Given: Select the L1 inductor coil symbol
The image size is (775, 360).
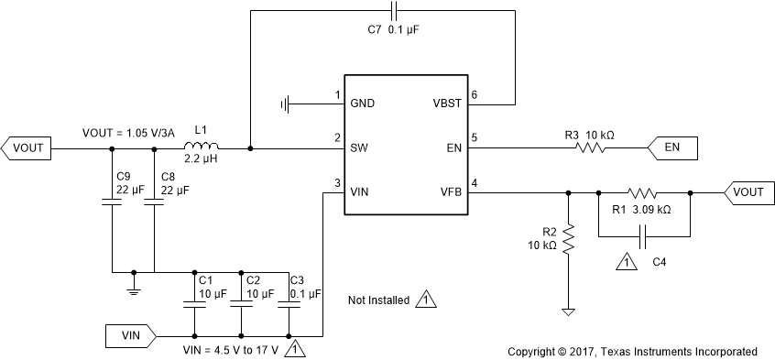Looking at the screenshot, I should click(201, 146).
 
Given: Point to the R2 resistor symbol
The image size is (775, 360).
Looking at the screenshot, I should click(568, 240).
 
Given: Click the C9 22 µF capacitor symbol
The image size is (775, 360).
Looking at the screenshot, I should click(112, 204).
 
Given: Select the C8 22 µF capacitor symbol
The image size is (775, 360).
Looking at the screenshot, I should click(154, 204).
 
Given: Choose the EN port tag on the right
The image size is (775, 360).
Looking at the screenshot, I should click(673, 147).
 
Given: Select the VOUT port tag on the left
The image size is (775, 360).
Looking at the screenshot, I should click(28, 146).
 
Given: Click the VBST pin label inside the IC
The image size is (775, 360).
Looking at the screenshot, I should click(448, 103).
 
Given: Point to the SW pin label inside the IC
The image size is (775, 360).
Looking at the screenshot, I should click(359, 147).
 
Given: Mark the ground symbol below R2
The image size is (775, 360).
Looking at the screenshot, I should click(568, 311).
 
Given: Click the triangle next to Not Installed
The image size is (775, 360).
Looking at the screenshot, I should click(425, 300).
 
